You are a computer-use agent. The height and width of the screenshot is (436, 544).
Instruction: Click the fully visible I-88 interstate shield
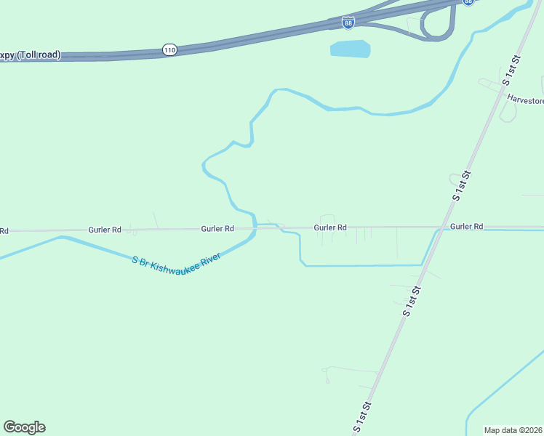coord(348,23)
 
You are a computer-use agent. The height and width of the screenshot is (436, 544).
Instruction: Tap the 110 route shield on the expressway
coord(169,49)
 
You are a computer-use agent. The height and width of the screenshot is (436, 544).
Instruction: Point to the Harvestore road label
coord(525,100)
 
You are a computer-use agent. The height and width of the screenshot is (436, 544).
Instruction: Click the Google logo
coord(24,427)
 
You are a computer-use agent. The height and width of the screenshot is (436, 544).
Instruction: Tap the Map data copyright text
coord(513,430)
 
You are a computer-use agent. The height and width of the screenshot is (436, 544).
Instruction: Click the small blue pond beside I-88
coord(351,49)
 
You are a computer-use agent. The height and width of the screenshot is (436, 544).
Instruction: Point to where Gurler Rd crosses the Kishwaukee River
coord(255,227)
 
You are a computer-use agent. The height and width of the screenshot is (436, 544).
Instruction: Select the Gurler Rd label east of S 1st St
coord(466,227)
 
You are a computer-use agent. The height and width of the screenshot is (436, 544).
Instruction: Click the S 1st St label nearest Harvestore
coord(514,74)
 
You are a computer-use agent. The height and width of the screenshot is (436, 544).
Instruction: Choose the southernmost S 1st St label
coord(361,417)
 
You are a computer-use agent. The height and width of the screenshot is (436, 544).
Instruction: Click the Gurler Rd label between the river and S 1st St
coord(329,227)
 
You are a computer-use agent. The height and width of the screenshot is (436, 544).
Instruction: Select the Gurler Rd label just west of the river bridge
coord(217,228)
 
